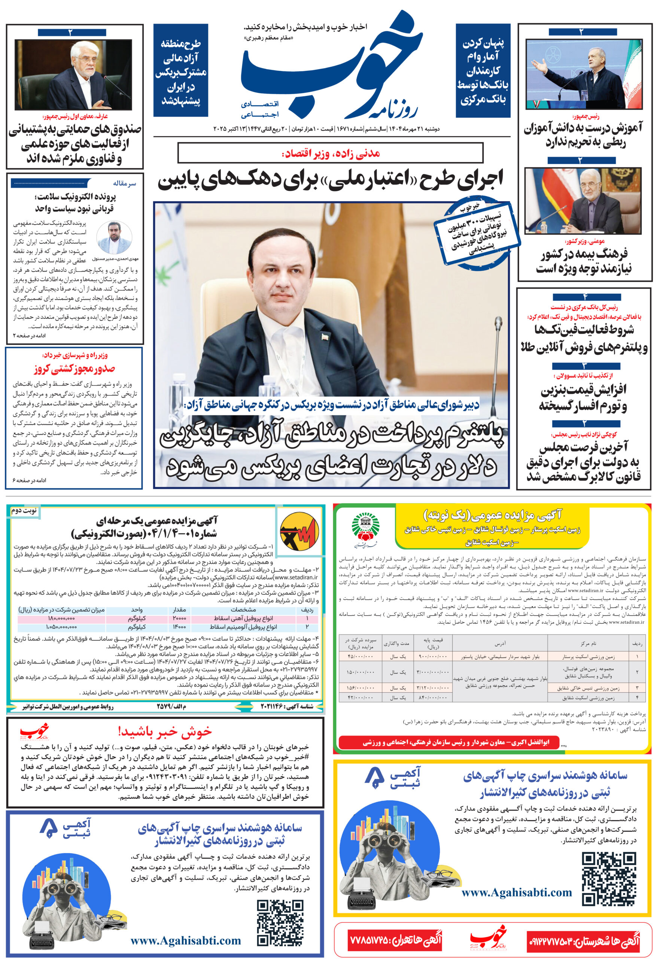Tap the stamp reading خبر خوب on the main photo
(x=477, y=233)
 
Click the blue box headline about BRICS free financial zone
(x=181, y=71)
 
